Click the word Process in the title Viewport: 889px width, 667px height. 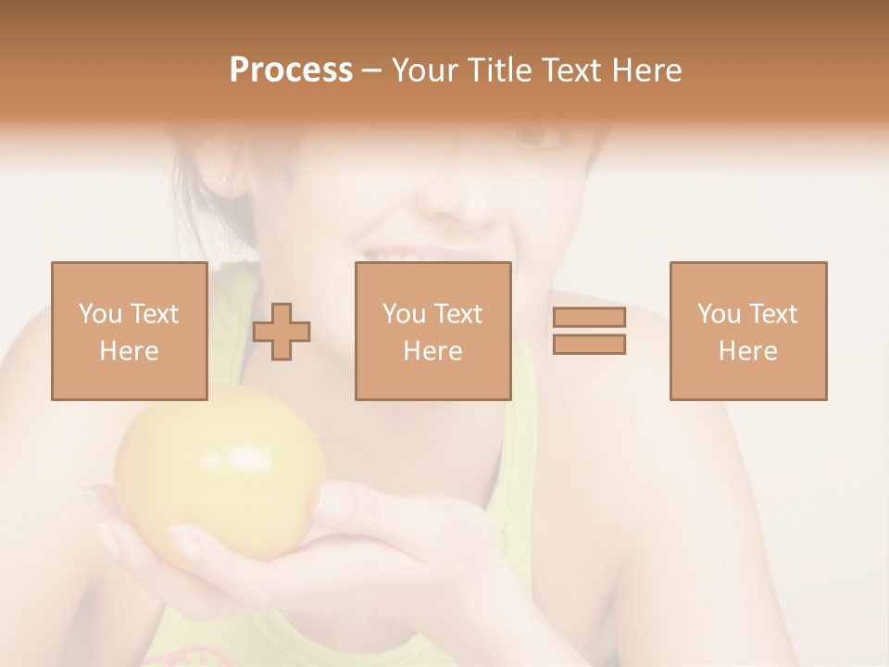coord(291,70)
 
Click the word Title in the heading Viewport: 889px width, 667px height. coord(496,70)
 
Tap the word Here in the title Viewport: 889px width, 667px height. coord(646,70)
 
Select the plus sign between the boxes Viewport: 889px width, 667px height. coord(282,331)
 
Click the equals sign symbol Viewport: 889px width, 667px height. coord(589,331)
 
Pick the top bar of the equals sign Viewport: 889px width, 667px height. coord(589,318)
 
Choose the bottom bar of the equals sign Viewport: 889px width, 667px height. coord(589,344)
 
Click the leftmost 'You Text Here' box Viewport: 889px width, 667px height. coord(129,331)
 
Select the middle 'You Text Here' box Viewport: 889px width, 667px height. coord(432,331)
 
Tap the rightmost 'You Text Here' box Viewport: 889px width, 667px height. coord(748,331)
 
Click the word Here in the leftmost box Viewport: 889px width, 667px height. coord(129,351)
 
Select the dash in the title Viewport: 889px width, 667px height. coord(371,70)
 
